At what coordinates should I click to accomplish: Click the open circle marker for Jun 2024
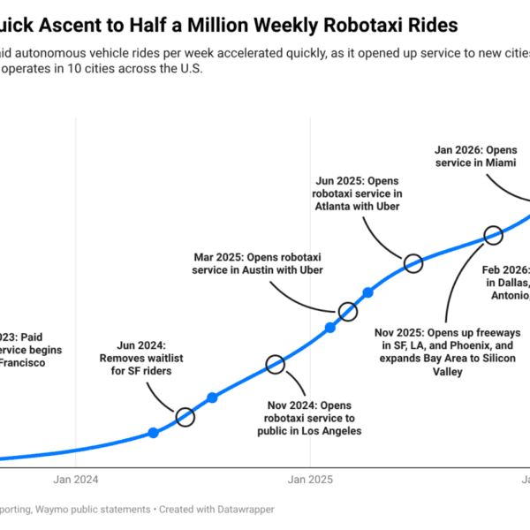click(185, 417)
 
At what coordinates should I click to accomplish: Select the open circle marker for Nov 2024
click(275, 364)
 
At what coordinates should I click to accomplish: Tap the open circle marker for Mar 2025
click(348, 311)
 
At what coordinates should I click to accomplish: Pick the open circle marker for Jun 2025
click(413, 262)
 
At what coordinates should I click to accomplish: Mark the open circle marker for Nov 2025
click(493, 235)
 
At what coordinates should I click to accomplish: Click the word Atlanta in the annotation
click(333, 206)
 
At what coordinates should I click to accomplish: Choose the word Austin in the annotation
click(276, 269)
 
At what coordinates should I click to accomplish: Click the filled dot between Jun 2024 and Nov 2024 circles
click(212, 398)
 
